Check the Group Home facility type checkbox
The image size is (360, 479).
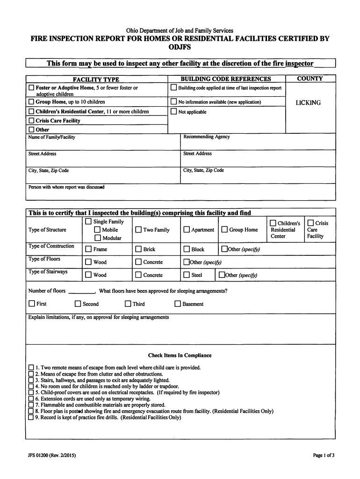click(31, 102)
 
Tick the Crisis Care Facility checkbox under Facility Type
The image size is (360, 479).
click(31, 121)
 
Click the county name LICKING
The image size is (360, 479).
click(308, 103)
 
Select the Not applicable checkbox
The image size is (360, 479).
click(174, 112)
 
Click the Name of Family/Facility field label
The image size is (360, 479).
click(51, 137)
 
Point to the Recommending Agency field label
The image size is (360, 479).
click(206, 137)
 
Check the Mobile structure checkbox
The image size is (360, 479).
click(97, 230)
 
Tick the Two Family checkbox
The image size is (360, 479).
click(138, 230)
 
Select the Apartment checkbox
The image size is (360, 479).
click(187, 230)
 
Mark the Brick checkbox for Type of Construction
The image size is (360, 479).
click(138, 249)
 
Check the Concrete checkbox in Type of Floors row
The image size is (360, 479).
click(138, 262)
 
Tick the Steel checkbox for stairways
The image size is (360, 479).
click(187, 275)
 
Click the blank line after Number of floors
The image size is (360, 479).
click(81, 291)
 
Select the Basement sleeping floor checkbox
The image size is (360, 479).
click(178, 304)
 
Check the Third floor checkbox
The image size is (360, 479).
click(128, 304)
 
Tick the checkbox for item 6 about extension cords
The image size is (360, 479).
click(31, 399)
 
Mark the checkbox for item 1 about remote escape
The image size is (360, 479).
click(31, 368)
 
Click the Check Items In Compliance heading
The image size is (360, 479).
click(180, 356)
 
